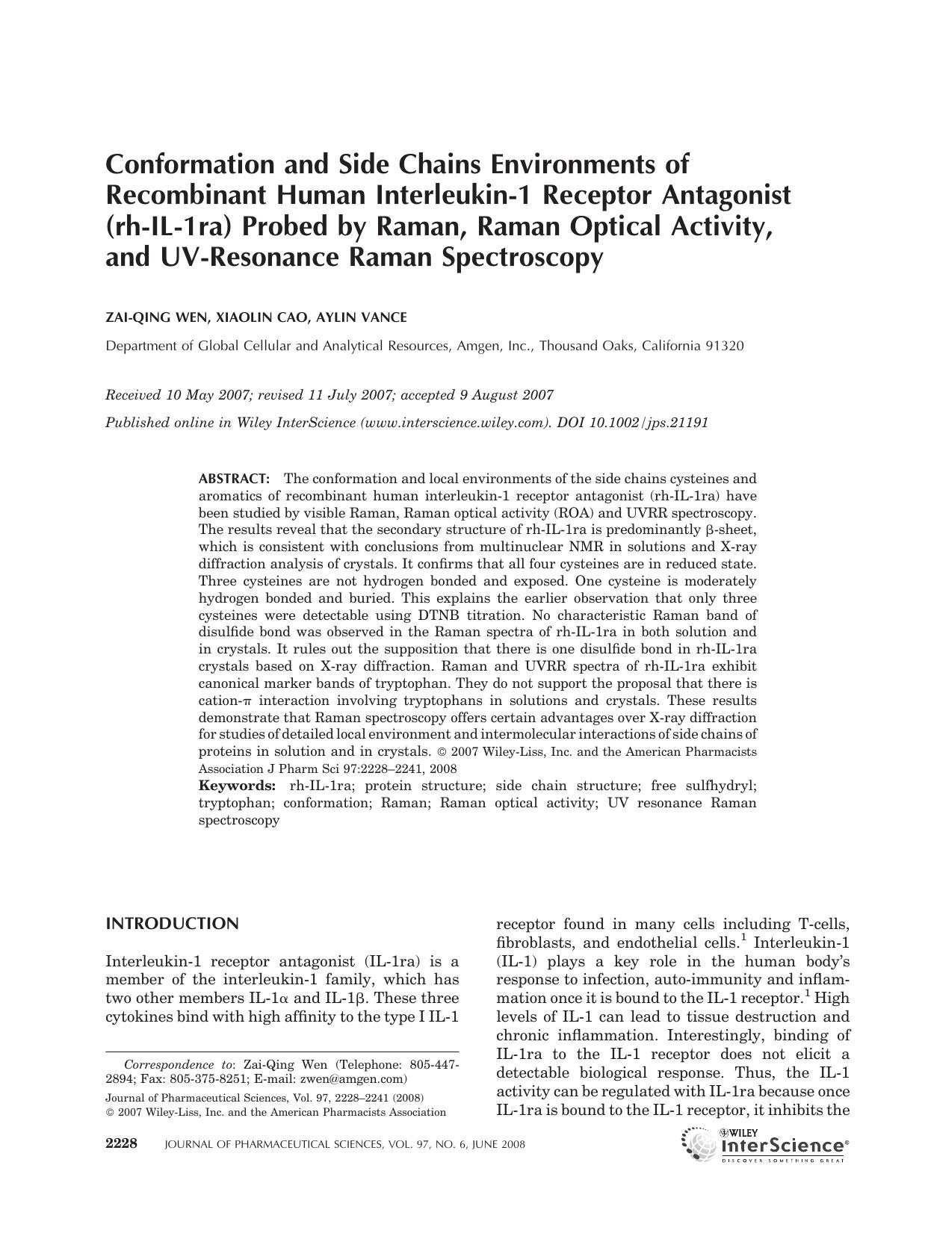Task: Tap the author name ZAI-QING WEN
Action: tap(156, 317)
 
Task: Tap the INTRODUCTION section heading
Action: tap(172, 924)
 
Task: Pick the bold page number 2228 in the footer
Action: tap(122, 1143)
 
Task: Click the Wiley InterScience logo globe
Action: tap(698, 1144)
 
